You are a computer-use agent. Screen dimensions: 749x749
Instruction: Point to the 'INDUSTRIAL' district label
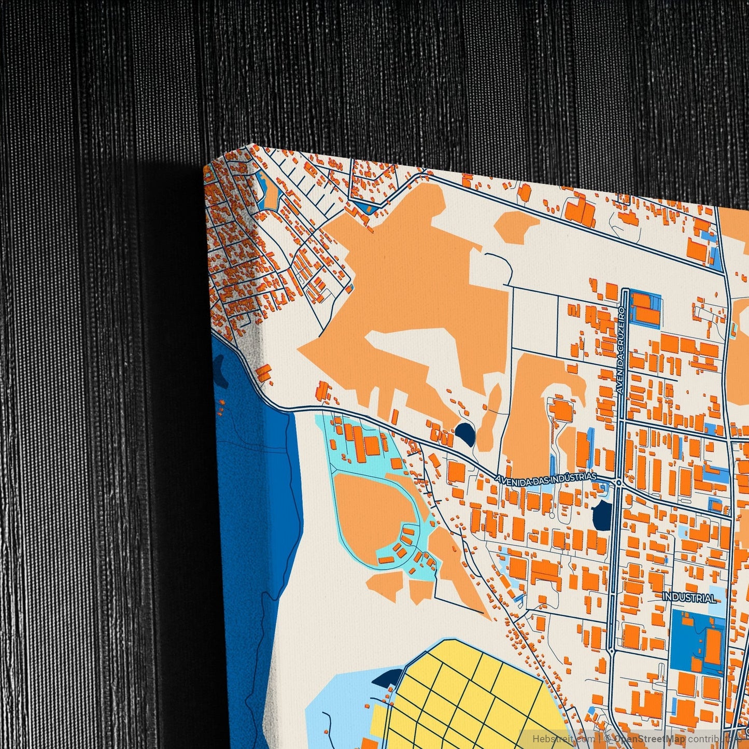click(689, 598)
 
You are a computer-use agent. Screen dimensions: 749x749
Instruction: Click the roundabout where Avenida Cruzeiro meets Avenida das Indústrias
click(618, 483)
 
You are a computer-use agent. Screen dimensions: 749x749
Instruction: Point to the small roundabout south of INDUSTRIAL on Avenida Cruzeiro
click(612, 651)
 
